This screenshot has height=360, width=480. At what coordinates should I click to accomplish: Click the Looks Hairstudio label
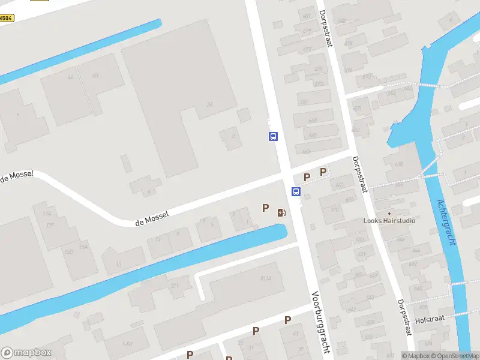389,221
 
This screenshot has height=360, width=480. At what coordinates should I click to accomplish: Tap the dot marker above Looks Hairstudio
389,213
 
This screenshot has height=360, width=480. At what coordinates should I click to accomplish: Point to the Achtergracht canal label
447,222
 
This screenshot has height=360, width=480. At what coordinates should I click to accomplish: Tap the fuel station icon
281,212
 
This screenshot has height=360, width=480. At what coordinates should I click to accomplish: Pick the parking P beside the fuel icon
265,208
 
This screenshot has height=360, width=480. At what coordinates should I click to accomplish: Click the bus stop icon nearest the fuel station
296,191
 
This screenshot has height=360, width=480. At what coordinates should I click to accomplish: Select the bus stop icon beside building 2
273,137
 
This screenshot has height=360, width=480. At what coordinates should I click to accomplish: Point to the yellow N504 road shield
6,18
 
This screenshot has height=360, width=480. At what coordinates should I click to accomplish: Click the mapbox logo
26,353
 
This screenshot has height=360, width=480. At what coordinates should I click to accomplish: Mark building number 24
209,104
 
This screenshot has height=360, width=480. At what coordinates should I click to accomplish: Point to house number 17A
47,214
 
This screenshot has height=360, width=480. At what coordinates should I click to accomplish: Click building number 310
335,209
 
